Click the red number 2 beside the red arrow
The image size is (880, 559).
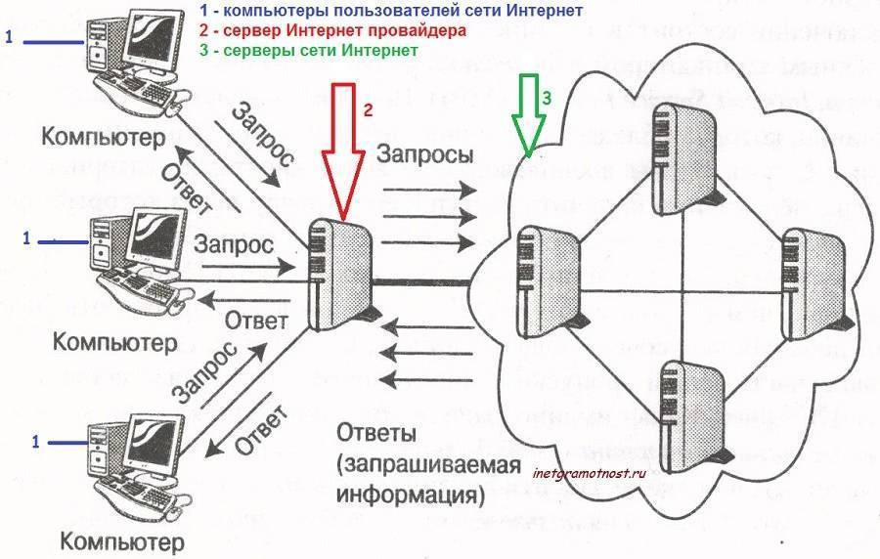tap(369, 109)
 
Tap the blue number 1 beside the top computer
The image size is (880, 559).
tap(9, 39)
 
